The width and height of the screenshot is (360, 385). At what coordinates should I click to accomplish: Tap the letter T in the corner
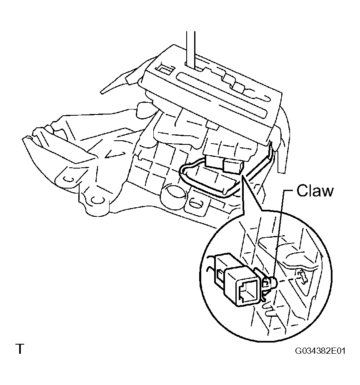(20, 349)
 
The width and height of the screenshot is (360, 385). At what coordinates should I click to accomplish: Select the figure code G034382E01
(320, 350)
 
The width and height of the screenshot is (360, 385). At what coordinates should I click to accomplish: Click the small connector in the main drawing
(224, 164)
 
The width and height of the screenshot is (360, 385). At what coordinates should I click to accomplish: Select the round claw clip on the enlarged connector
(270, 283)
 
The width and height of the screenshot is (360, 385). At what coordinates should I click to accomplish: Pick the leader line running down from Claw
(281, 235)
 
